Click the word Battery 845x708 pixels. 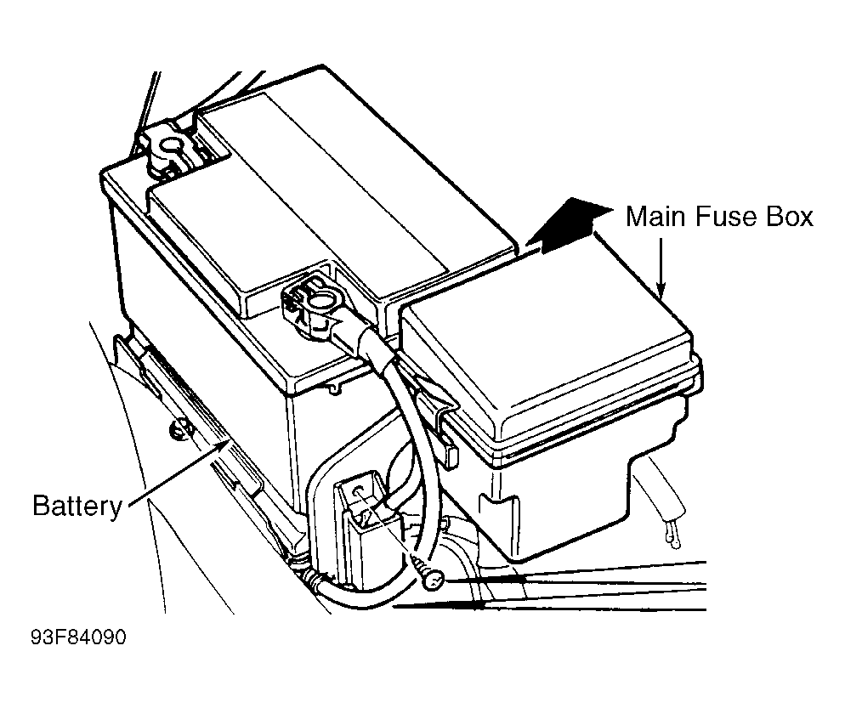tap(77, 506)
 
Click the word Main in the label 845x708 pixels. tap(655, 217)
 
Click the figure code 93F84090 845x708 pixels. tap(79, 637)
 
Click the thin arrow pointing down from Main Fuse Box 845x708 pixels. tap(661, 267)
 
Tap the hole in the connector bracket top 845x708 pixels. tap(359, 491)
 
